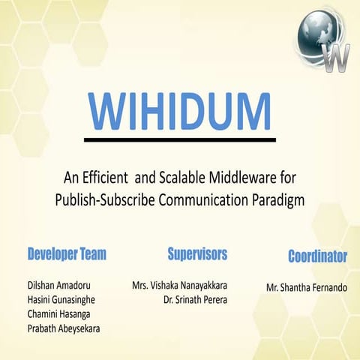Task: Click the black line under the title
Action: (x=180, y=139)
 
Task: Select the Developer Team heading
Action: (x=67, y=254)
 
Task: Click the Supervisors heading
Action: (x=197, y=253)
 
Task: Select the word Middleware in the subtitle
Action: (x=254, y=179)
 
